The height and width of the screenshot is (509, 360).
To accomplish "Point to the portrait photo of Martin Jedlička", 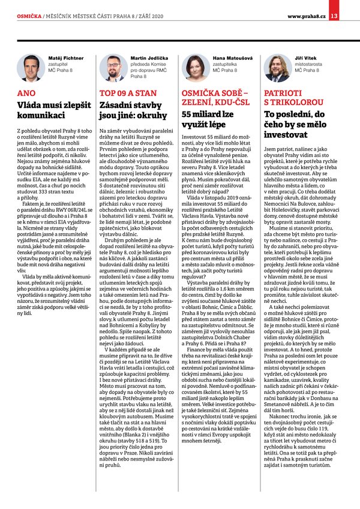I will [112, 68].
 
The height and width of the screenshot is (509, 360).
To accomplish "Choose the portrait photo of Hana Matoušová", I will [194, 68].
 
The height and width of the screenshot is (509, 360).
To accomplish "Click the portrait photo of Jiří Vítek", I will [277, 68].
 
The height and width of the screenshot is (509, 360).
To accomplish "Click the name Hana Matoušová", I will [230, 58].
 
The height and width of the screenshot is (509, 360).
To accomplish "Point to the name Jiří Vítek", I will [305, 58].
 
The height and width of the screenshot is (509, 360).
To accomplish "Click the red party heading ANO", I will [27, 94].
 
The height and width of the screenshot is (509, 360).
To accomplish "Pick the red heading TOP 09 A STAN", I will [127, 94].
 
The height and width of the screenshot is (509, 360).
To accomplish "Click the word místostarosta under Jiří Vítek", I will [308, 64].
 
